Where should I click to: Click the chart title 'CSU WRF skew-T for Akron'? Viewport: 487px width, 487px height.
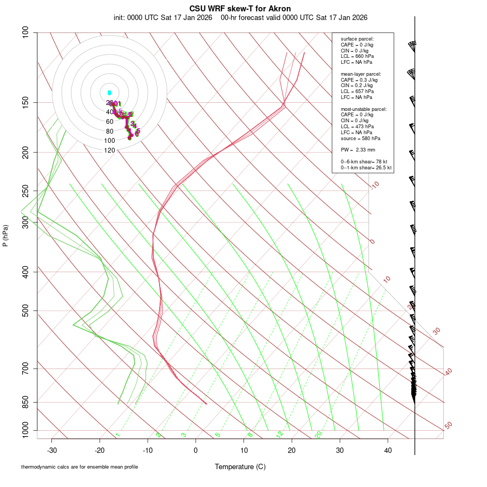[240, 9]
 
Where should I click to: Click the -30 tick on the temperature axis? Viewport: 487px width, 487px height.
[52, 450]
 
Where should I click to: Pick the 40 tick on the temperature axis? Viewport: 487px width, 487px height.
[387, 450]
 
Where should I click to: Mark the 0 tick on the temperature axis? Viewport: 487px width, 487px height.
[196, 450]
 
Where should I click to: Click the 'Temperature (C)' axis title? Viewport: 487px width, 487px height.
[240, 466]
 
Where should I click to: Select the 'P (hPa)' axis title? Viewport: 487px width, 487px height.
[6, 236]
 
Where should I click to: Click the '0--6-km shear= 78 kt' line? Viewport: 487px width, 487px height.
[363, 162]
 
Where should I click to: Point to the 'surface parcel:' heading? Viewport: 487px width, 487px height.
[357, 39]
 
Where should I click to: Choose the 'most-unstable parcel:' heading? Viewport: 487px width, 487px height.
[364, 109]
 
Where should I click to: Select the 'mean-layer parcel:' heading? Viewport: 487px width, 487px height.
[361, 74]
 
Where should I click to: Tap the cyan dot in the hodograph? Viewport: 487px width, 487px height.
[109, 93]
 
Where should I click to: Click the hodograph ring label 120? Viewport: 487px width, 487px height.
[109, 150]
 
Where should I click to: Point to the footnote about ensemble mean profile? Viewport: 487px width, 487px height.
[80, 467]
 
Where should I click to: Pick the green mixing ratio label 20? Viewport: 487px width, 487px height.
[319, 435]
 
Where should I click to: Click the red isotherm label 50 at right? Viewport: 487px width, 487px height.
[448, 426]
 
